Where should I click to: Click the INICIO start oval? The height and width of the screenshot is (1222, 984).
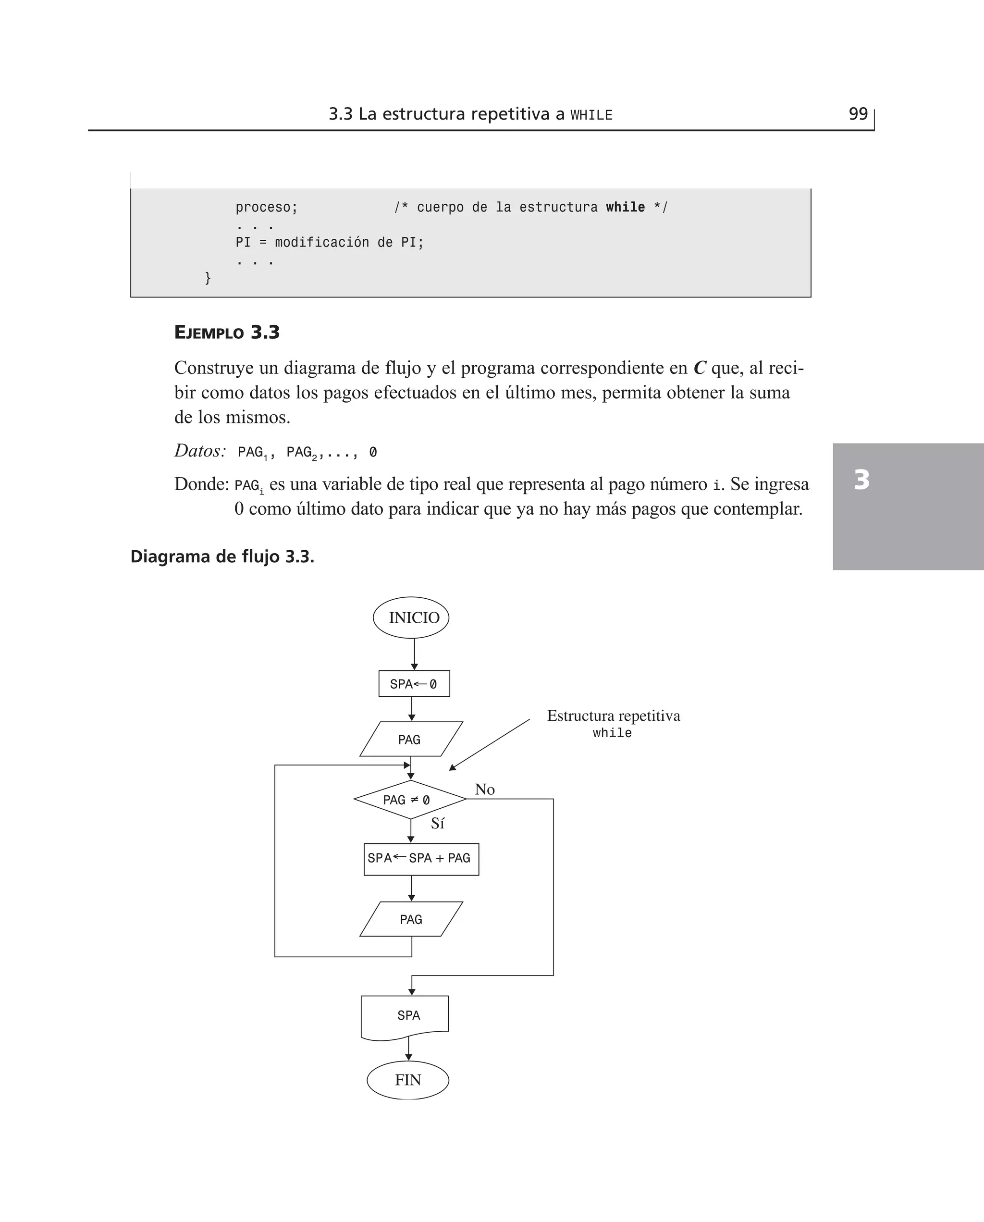[x=411, y=617]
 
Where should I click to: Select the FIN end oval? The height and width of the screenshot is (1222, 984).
[x=408, y=1080]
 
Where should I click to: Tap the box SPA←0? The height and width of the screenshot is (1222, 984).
[x=414, y=683]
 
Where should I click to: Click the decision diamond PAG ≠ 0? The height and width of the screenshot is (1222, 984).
[x=409, y=800]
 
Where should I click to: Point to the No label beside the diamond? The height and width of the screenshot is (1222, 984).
[x=485, y=790]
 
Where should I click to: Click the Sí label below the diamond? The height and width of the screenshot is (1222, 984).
[x=438, y=824]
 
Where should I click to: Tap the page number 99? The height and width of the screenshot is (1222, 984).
[x=858, y=114]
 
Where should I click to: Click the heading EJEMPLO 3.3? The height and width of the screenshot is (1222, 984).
[x=227, y=332]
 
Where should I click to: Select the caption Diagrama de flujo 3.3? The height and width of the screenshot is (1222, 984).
[x=222, y=556]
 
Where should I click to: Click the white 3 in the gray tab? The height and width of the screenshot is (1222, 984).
[x=861, y=480]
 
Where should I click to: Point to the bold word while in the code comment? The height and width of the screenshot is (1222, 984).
[x=625, y=208]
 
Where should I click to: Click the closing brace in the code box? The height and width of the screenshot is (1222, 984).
[x=208, y=278]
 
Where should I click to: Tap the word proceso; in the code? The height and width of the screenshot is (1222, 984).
[x=266, y=208]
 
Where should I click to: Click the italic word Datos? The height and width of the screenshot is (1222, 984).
[x=200, y=451]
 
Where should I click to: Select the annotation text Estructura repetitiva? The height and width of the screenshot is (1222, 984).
[x=613, y=716]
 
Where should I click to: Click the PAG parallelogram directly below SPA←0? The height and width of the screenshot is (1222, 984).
[x=410, y=739]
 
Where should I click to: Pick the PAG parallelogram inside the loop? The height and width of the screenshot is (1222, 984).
[x=411, y=919]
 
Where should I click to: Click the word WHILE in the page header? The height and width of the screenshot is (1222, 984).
[x=591, y=115]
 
